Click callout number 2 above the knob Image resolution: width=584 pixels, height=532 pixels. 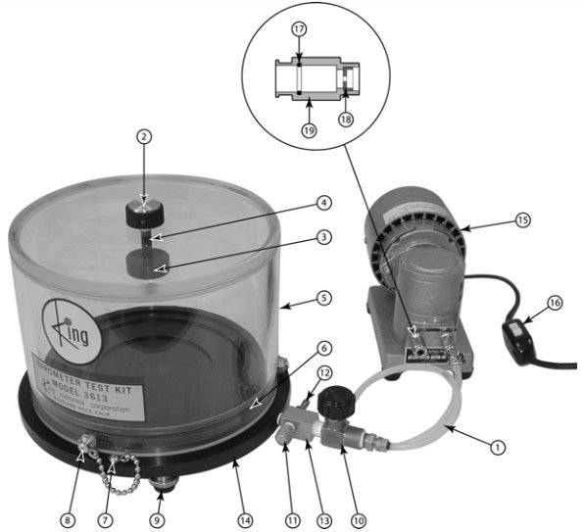coord(143,138)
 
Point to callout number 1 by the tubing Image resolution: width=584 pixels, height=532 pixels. coord(498,446)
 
